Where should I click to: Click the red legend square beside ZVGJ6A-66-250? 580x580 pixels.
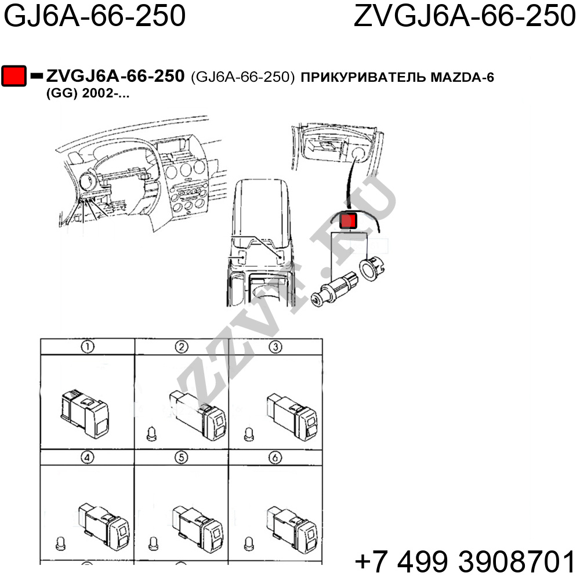click(x=14, y=76)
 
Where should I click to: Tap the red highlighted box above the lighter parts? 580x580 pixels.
click(x=348, y=220)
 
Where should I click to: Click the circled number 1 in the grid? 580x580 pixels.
click(x=88, y=347)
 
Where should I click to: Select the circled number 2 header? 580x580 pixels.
click(x=182, y=347)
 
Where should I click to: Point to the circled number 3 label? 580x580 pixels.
click(x=275, y=347)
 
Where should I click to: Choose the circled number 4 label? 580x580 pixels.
click(x=88, y=458)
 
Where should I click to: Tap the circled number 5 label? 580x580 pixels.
click(x=181, y=458)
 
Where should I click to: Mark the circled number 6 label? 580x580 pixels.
click(x=275, y=458)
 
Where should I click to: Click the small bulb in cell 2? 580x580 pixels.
click(x=151, y=434)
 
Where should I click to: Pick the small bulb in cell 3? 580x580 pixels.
click(x=249, y=434)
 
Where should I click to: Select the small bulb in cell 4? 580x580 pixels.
click(x=60, y=543)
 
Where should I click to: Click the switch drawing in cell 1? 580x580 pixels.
click(x=84, y=412)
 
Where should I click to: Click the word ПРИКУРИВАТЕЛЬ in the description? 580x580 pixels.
click(x=363, y=77)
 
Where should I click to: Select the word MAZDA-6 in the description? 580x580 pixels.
click(x=462, y=77)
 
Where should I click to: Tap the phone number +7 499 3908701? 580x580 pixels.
click(x=465, y=561)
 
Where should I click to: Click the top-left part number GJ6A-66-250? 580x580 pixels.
click(x=95, y=16)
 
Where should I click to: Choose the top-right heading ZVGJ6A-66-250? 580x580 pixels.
click(x=465, y=16)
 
